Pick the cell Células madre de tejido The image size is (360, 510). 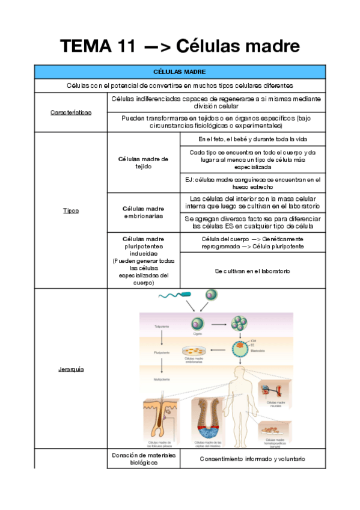143,162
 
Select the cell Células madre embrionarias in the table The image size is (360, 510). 143,212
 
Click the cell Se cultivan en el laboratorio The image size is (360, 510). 252,271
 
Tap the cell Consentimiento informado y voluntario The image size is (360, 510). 252,459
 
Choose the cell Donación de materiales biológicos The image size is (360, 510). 143,459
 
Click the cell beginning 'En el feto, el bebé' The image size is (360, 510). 252,140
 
